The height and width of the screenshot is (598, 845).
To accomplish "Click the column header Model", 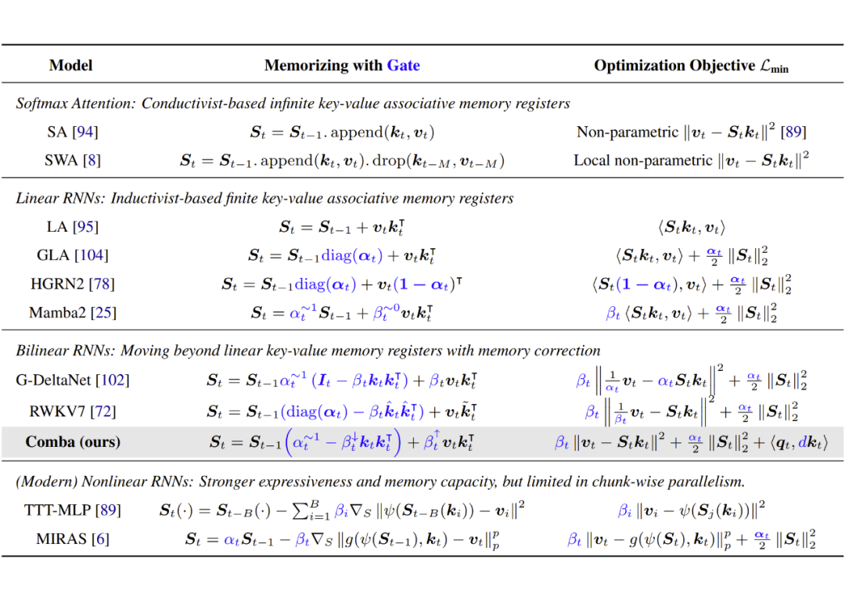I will click(70, 66).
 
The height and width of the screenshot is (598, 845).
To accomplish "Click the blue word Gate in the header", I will click(403, 66).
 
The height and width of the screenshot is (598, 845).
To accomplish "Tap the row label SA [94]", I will click(73, 132).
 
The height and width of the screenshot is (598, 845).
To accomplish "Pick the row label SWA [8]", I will click(73, 160).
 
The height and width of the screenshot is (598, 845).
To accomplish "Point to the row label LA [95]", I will click(73, 227).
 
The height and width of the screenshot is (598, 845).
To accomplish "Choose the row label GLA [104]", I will click(73, 255).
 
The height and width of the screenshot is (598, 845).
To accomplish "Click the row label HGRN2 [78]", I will click(73, 284).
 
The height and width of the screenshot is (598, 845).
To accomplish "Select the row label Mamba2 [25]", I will click(73, 313).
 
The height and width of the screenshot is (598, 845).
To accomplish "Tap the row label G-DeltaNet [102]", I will click(73, 380).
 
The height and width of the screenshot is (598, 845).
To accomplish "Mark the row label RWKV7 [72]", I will click(73, 411).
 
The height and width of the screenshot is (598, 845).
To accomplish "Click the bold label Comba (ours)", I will click(73, 442).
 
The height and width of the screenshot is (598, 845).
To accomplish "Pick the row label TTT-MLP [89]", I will click(73, 510).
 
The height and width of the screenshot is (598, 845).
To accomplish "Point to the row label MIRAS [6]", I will click(73, 539).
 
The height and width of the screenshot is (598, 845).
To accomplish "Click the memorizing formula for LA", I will click(342, 228).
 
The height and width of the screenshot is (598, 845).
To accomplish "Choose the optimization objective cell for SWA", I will click(691, 160).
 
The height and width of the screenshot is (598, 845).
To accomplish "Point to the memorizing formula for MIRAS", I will click(342, 539).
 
